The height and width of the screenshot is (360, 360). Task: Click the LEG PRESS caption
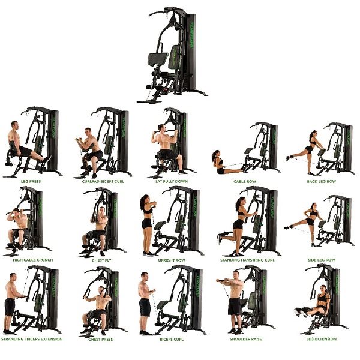click(x=31, y=181)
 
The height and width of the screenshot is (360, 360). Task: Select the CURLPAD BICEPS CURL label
click(x=103, y=181)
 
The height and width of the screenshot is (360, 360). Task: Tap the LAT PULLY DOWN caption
click(x=172, y=181)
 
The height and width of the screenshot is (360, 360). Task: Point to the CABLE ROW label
click(x=245, y=181)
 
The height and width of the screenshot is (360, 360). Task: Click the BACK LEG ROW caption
click(x=321, y=181)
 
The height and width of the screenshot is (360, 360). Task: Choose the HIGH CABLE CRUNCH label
click(x=33, y=260)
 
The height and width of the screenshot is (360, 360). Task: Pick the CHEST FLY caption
click(x=101, y=260)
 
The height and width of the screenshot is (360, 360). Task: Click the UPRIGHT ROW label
click(x=172, y=260)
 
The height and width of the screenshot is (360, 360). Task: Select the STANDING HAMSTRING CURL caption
click(x=247, y=260)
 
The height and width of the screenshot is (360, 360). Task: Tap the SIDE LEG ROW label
click(x=321, y=260)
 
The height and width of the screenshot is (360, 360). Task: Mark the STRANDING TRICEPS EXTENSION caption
click(x=32, y=339)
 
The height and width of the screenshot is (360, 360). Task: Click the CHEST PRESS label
click(x=101, y=339)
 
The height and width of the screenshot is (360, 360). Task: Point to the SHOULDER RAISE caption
click(x=245, y=339)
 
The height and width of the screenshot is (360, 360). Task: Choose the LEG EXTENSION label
click(x=321, y=339)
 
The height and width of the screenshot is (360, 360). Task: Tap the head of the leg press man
click(x=14, y=125)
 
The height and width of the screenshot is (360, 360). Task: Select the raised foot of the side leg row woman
click(x=287, y=227)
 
